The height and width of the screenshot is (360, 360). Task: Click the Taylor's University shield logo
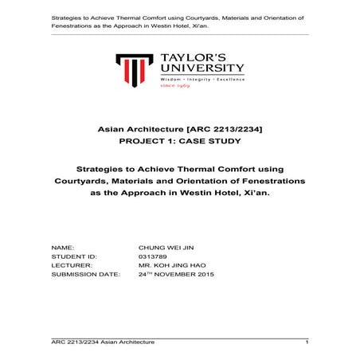[x=133, y=70]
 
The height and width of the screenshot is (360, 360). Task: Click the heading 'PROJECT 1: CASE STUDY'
[x=179, y=141]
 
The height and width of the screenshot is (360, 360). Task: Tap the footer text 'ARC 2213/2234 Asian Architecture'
[x=104, y=341]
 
